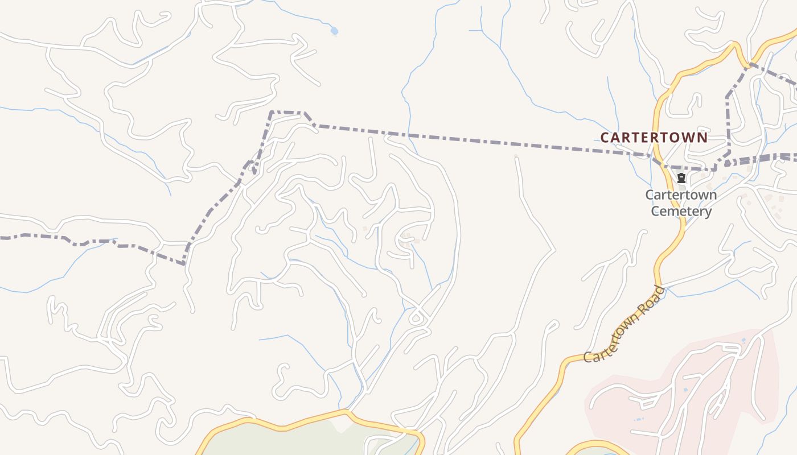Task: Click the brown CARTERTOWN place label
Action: click(654, 137)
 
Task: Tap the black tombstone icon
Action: click(681, 178)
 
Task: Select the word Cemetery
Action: click(681, 212)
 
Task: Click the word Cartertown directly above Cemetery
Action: click(681, 195)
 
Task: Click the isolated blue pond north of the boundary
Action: click(334, 31)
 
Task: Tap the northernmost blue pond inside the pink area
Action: click(743, 340)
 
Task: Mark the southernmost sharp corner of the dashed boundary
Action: click(183, 264)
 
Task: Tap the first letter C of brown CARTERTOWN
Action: click(605, 137)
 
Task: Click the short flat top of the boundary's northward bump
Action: click(287, 112)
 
